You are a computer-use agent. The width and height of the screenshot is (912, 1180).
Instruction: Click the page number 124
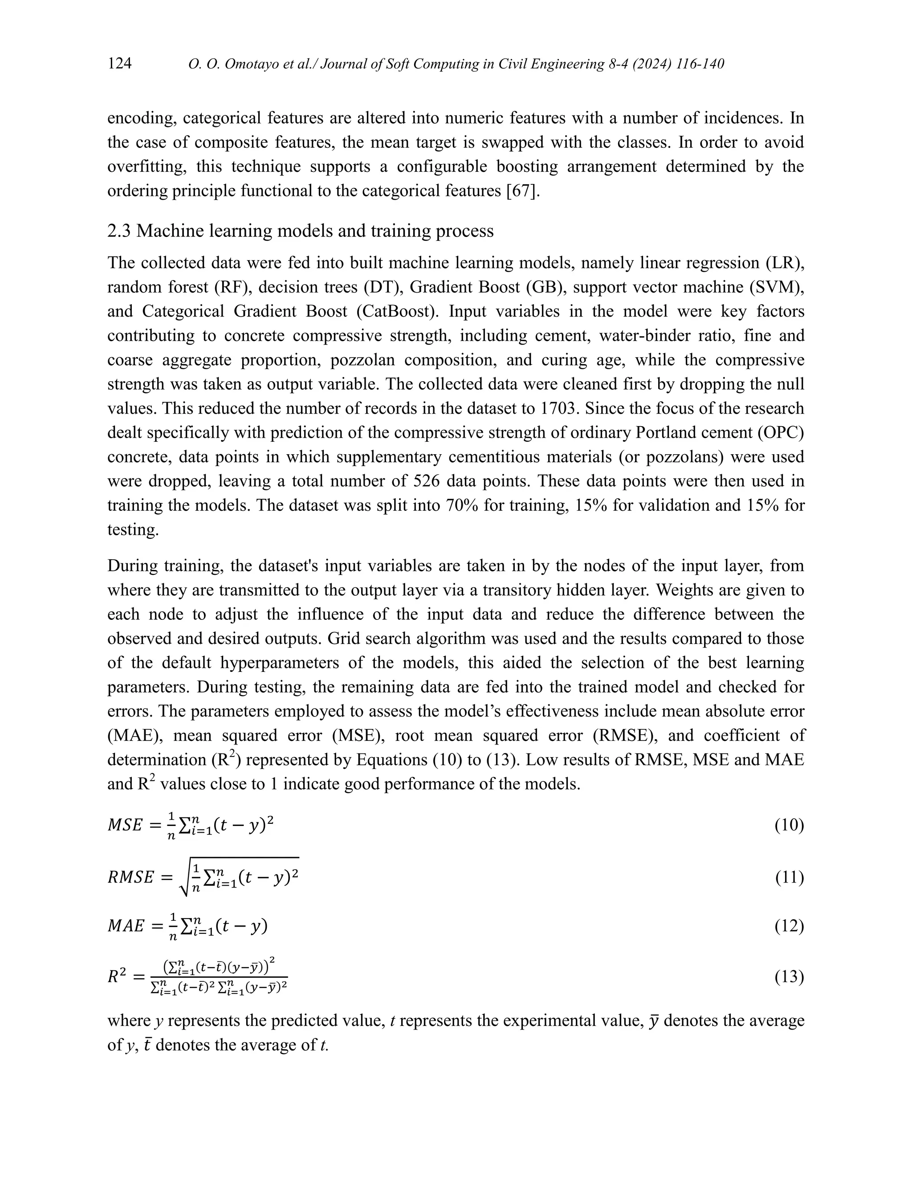119,64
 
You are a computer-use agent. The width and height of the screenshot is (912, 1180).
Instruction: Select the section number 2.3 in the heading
119,231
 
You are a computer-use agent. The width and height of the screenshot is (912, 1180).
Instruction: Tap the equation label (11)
789,878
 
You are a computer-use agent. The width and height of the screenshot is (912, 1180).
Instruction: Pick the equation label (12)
789,926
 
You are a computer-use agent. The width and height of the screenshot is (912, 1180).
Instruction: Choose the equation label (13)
789,977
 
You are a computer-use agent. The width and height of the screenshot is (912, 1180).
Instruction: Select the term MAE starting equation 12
126,927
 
